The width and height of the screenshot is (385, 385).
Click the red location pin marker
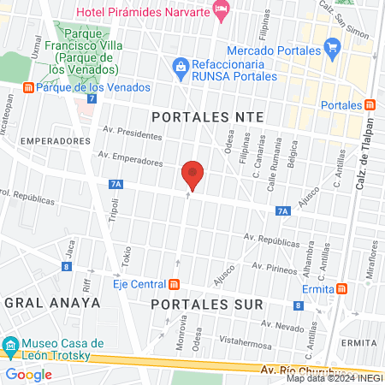point(192,175)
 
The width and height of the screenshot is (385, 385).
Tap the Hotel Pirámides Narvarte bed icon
point(222,11)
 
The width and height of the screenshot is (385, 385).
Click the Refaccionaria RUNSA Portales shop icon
point(181,65)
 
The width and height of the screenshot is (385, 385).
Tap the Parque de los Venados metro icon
point(28,87)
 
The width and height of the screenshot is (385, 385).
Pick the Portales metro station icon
point(369,104)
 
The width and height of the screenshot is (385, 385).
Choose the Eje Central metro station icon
point(175,284)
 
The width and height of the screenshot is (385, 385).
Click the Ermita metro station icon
point(341,288)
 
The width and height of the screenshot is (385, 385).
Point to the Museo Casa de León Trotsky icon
point(10,346)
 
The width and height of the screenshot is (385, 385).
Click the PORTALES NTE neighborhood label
point(204,116)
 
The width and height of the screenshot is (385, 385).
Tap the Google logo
point(28,374)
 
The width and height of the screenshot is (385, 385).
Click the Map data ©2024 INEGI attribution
point(335,378)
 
